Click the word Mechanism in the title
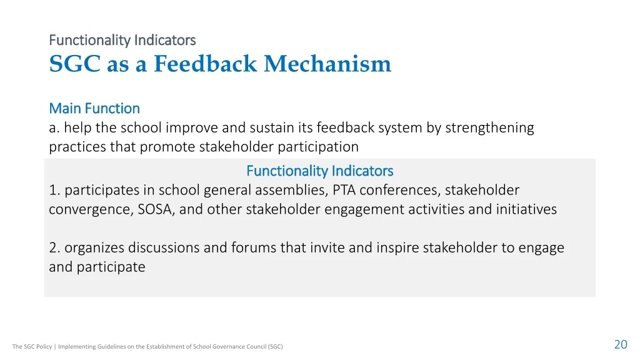[x=327, y=64]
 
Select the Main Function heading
[x=94, y=108]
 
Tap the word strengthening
[x=489, y=128]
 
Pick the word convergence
[x=91, y=210]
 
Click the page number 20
[x=621, y=344]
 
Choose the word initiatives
[x=526, y=209]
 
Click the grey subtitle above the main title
[x=122, y=40]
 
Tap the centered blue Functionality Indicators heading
[x=319, y=171]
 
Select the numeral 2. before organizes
[x=55, y=247]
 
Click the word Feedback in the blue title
[x=205, y=64]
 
